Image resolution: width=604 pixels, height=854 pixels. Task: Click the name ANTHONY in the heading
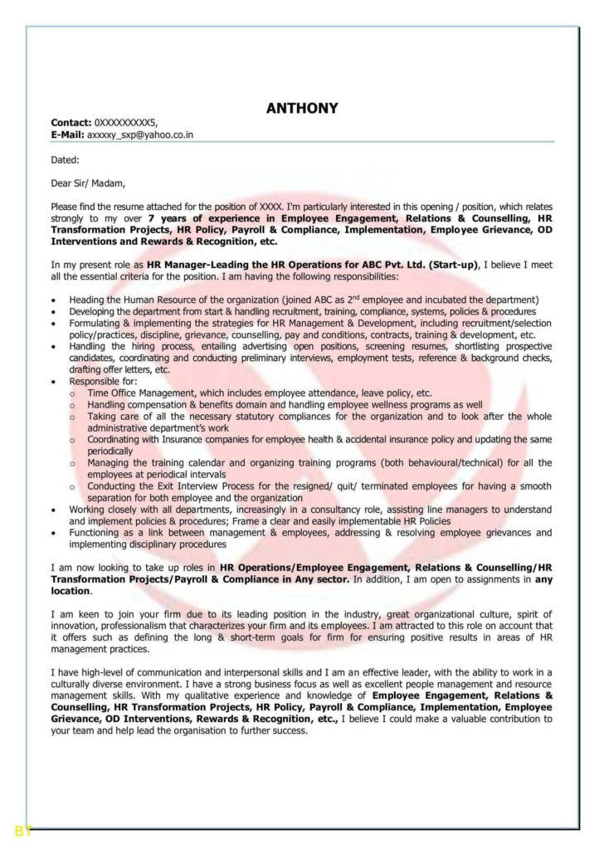click(x=301, y=108)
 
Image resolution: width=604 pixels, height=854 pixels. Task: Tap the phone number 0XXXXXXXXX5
click(x=124, y=122)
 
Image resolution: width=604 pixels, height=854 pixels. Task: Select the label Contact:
click(x=71, y=122)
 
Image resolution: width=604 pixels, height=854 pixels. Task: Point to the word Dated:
click(x=66, y=159)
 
